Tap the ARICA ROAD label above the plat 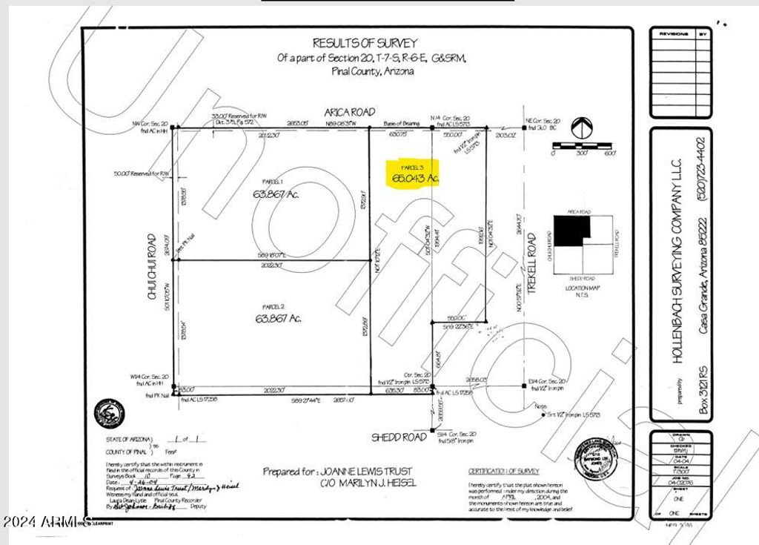click(346, 112)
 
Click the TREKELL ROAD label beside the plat click(531, 254)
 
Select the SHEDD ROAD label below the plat click(399, 437)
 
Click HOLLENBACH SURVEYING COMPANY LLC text click(678, 289)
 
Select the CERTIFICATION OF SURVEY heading click(504, 472)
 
